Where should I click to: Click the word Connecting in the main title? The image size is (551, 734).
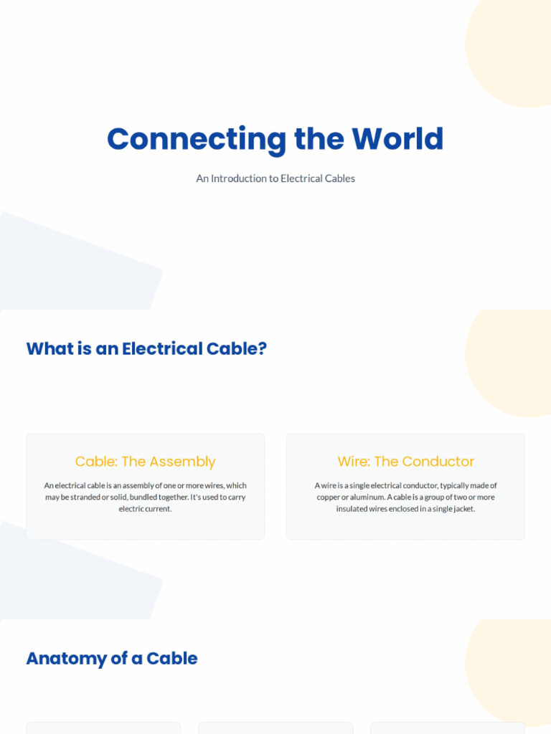[x=197, y=139]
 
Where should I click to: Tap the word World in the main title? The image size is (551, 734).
[x=397, y=138]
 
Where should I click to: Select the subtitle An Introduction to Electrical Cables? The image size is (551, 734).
[x=275, y=178]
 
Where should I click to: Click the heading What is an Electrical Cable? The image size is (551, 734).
[x=146, y=349]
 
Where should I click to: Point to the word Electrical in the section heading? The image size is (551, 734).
[x=162, y=349]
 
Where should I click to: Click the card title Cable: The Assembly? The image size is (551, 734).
[x=145, y=462]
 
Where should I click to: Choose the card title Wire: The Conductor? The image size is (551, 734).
[x=406, y=462]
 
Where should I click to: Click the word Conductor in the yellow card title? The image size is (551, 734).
[x=438, y=462]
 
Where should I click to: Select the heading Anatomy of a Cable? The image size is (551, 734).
[x=112, y=658]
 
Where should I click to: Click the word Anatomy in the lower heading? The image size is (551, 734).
[x=67, y=659]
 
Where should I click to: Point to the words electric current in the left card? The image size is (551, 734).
[x=145, y=509]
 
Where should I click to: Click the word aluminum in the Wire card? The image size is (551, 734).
[x=368, y=497]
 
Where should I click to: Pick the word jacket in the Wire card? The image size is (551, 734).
[x=464, y=509]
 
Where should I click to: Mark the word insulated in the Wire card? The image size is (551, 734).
[x=352, y=509]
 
